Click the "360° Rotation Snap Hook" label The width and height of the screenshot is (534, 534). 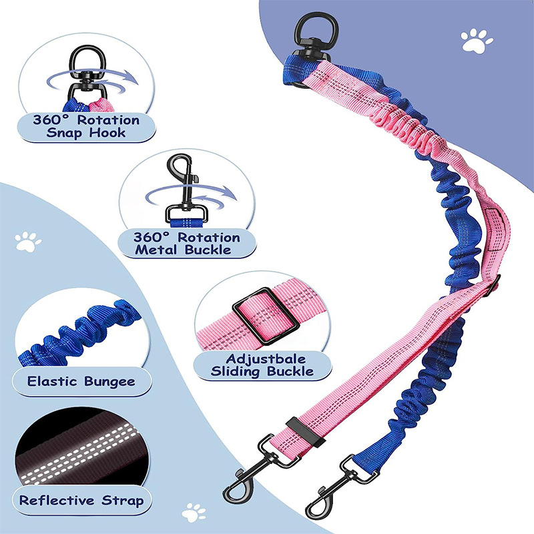pos(86,126)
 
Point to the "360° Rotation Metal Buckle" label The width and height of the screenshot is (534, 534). pos(186,243)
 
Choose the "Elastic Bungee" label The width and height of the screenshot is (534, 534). pos(81,382)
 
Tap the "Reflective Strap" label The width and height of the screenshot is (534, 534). pos(81,499)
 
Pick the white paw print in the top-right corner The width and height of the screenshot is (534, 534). pos(477,41)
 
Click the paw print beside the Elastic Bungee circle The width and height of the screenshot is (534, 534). pos(28,242)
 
